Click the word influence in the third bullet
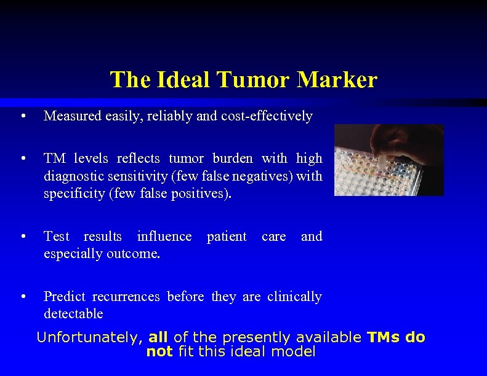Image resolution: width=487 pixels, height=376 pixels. click(164, 236)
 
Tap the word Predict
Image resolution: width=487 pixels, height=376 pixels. click(64, 296)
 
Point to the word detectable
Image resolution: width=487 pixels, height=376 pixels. click(73, 313)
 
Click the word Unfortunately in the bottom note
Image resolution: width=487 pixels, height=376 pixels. click(90, 337)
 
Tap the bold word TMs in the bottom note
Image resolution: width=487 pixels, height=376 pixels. click(384, 337)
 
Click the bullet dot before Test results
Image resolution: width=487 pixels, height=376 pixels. click(23, 237)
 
